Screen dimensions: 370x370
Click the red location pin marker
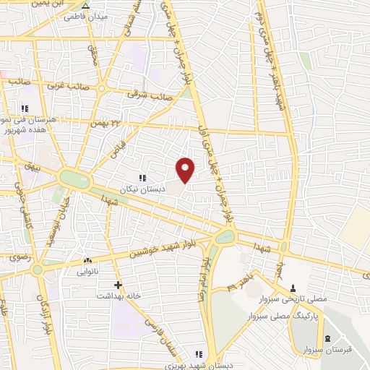186,169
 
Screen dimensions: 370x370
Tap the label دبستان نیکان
142,188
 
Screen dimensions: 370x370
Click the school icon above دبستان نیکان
142,178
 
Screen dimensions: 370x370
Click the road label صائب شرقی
148,93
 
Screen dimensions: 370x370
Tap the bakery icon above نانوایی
87,260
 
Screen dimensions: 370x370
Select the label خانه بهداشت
119,296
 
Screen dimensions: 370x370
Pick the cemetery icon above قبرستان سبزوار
327,339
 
